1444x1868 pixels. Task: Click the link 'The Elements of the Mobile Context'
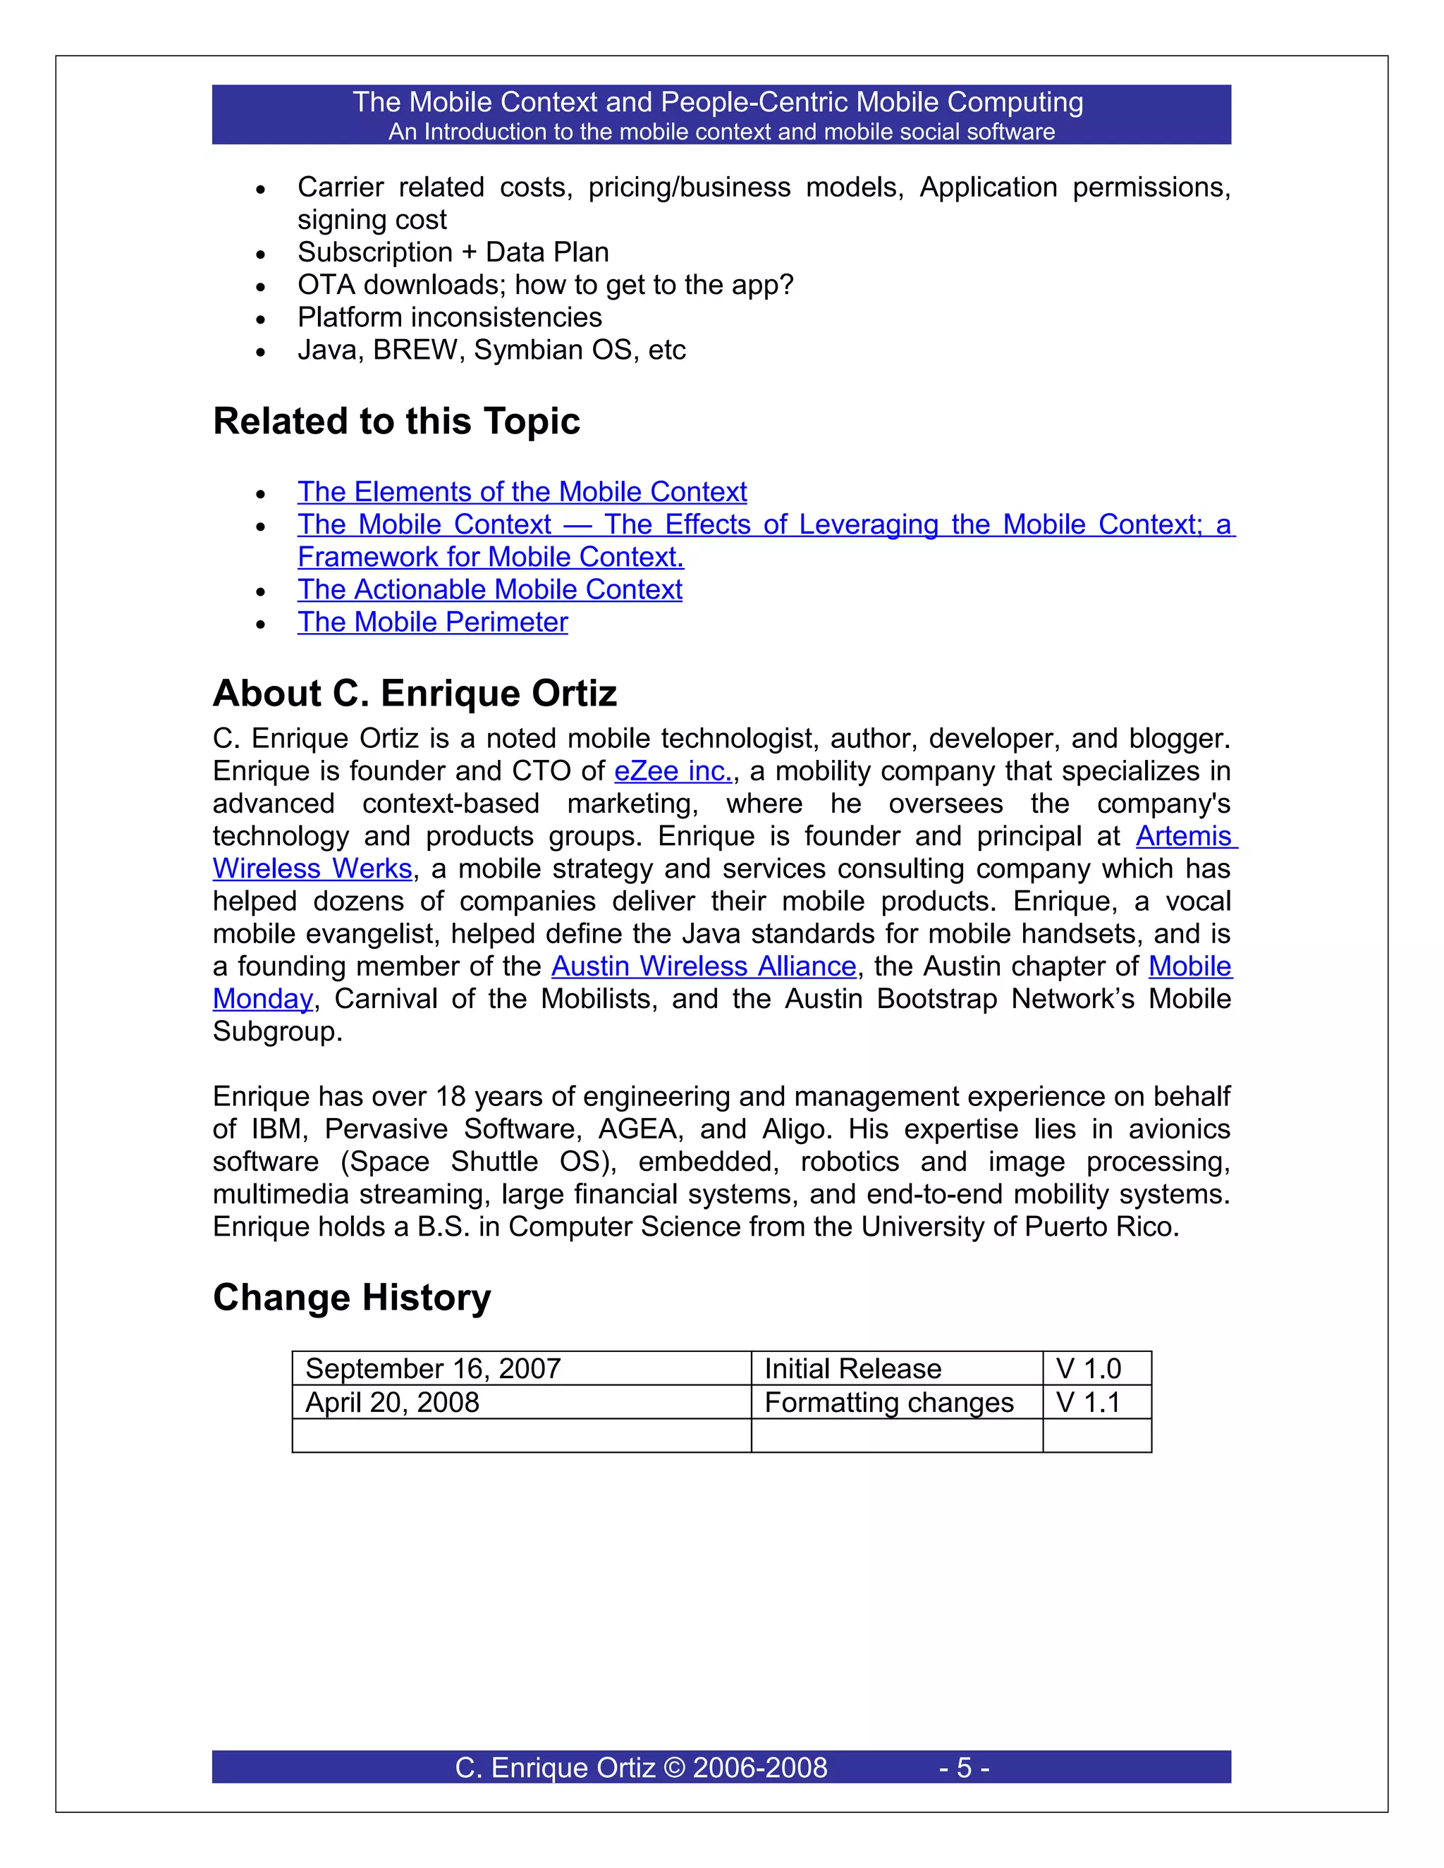(522, 492)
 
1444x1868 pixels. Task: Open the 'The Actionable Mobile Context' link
(489, 589)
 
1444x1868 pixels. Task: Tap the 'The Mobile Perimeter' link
(432, 622)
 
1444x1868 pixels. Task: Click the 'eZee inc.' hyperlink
(673, 770)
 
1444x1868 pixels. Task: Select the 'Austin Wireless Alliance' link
(703, 966)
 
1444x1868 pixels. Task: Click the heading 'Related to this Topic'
(396, 421)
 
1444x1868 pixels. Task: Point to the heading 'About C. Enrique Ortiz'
(414, 693)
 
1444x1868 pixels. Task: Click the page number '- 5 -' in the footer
(964, 1767)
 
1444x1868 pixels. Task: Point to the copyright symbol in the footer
(675, 1767)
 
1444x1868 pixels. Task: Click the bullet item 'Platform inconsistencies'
(449, 317)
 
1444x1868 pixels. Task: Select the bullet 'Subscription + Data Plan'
(453, 252)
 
